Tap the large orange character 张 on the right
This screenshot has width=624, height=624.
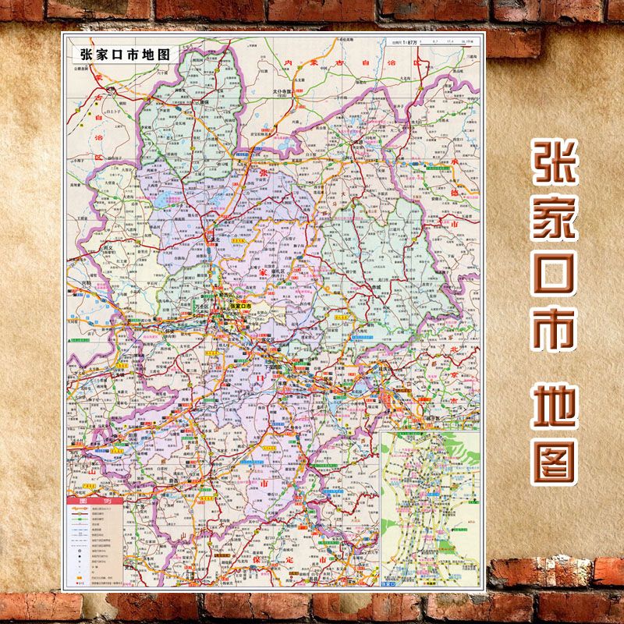(x=555, y=169)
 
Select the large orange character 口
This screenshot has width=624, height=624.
(x=555, y=278)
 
